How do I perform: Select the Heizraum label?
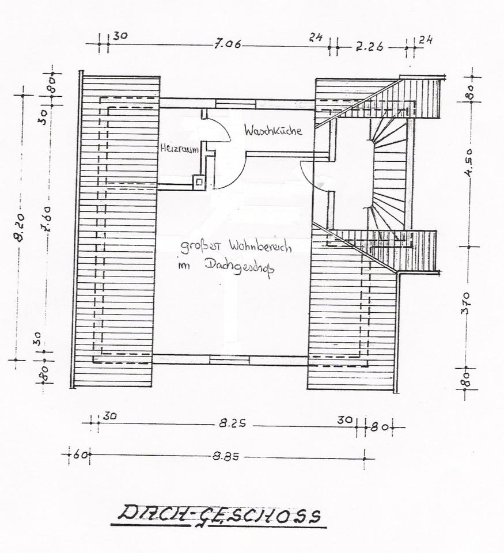pos(179,149)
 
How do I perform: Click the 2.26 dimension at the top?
pos(369,47)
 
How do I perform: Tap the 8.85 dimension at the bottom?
pos(226,456)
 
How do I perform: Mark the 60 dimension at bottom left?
pos(80,455)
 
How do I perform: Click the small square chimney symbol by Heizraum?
pos(198,182)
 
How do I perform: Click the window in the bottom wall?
pos(229,359)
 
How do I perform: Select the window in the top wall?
pos(236,103)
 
